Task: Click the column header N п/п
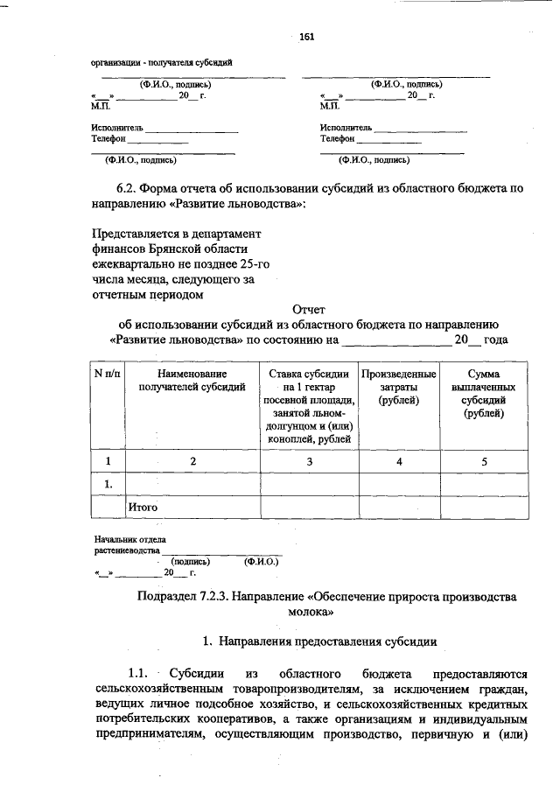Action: [x=108, y=374]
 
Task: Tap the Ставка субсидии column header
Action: [x=309, y=374]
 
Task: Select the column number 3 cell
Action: [x=309, y=461]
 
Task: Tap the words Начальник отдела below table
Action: [x=129, y=540]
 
